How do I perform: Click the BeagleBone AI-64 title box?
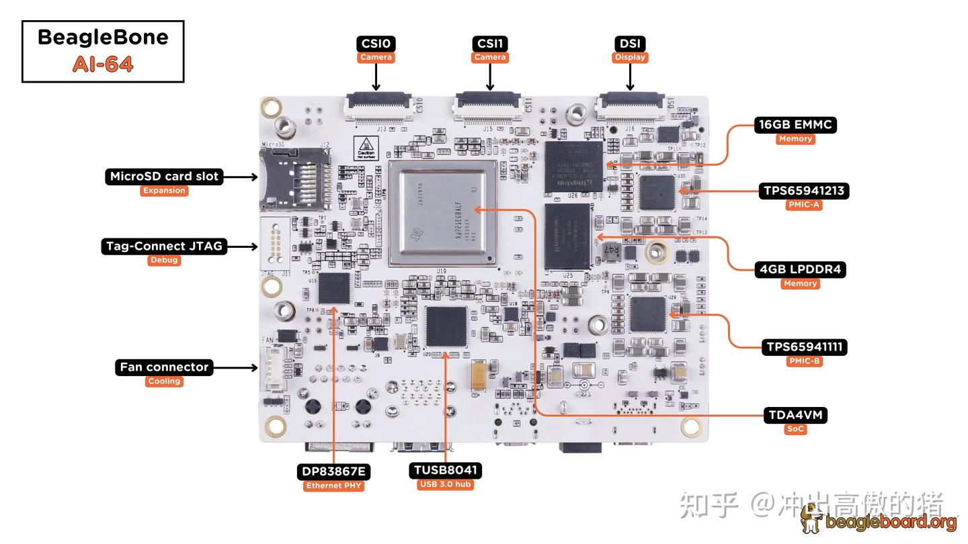[103, 51]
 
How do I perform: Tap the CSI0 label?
[376, 44]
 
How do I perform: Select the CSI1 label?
[489, 44]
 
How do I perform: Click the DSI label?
[630, 44]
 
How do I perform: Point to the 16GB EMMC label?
[795, 124]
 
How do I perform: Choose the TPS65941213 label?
[804, 191]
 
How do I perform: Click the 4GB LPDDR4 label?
[800, 269]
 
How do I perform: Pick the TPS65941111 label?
[804, 347]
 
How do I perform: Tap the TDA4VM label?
[795, 415]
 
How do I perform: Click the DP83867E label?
[333, 471]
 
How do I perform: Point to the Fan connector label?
[164, 367]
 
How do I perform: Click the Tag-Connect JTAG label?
[164, 246]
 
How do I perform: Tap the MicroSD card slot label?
[164, 177]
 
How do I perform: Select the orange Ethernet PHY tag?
[333, 486]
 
